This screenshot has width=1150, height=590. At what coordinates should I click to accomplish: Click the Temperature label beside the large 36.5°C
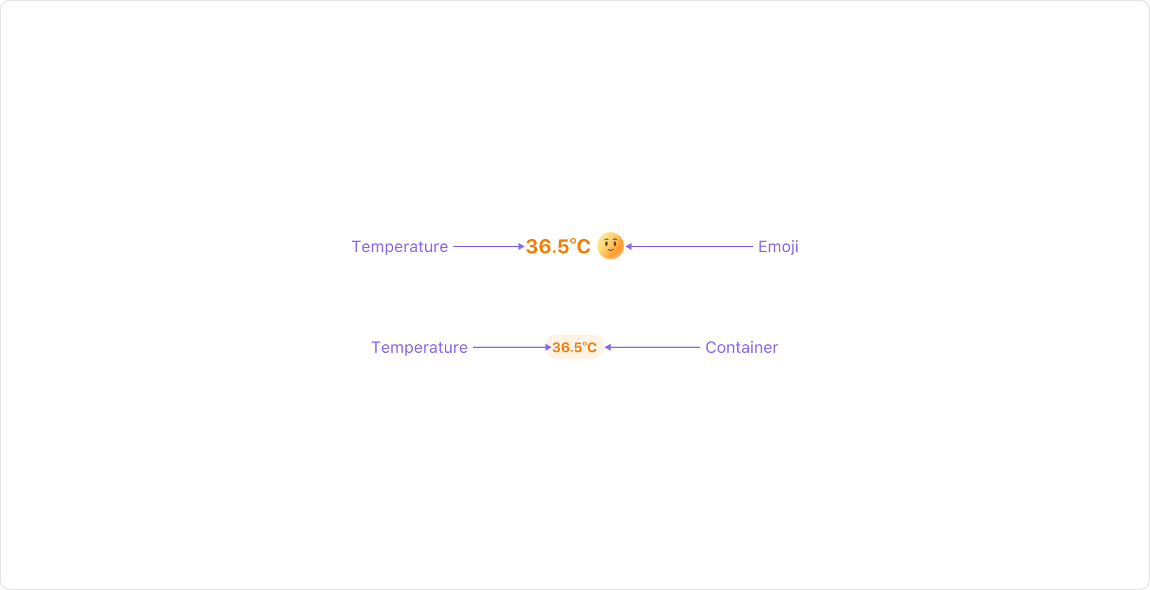pos(399,246)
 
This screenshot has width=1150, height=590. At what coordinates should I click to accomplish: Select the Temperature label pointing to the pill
pos(419,347)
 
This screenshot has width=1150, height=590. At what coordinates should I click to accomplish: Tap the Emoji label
pos(778,246)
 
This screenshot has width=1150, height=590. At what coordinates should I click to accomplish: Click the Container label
pos(741,347)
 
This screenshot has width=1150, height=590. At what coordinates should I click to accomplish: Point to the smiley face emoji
pos(611,246)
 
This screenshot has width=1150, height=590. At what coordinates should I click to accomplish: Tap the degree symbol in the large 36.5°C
pos(573,241)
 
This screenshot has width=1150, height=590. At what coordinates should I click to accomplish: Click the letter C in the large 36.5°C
pos(583,247)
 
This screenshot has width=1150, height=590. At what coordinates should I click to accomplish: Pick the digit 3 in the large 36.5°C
pos(532,247)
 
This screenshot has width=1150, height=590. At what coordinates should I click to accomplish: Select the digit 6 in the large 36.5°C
pos(546,247)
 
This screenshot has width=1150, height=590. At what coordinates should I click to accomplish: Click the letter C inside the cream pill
pos(592,348)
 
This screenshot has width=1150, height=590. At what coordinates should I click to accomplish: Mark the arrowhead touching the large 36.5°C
pos(522,246)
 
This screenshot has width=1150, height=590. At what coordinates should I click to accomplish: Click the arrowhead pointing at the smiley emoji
pos(628,246)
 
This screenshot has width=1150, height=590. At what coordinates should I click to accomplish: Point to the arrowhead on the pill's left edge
pos(548,347)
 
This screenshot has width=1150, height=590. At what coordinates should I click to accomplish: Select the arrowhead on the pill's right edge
pos(608,347)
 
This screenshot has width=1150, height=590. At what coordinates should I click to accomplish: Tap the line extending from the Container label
pos(655,347)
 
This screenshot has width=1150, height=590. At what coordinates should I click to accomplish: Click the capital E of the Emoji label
pos(763,246)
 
